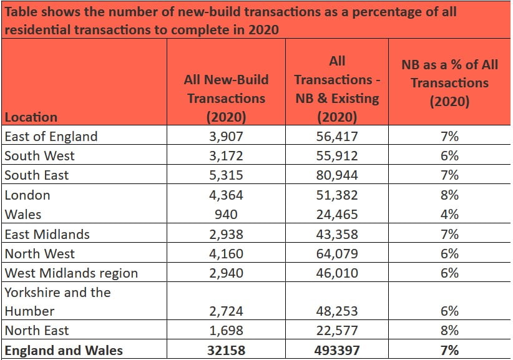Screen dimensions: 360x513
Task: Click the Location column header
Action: (x=31, y=117)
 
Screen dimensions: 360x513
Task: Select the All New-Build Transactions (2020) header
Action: (x=226, y=98)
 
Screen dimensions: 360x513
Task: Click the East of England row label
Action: (x=51, y=136)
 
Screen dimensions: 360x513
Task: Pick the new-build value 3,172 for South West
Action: (x=226, y=155)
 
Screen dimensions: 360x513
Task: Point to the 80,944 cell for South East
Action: (x=338, y=175)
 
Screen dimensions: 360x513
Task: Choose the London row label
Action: (x=27, y=195)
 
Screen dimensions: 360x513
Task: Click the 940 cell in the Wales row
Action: (x=226, y=214)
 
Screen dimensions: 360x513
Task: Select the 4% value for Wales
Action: (x=449, y=214)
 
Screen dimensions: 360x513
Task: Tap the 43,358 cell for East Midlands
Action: (x=338, y=234)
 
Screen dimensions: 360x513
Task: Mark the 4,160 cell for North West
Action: (x=226, y=253)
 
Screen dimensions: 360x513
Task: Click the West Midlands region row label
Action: (x=71, y=273)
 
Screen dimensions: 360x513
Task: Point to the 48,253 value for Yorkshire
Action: (x=338, y=311)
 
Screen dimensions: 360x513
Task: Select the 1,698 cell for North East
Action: (x=226, y=330)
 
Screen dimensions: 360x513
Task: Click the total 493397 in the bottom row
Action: (x=338, y=350)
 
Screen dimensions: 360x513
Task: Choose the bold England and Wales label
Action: (x=64, y=350)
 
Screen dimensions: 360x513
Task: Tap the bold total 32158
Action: (x=226, y=350)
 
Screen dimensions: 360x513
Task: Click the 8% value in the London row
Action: (x=449, y=195)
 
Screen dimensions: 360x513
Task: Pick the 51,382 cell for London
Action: (x=338, y=195)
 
